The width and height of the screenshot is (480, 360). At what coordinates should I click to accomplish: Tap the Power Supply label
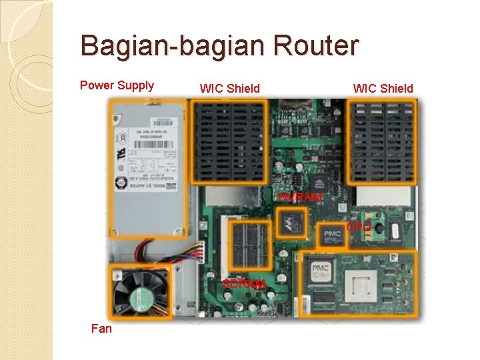[117, 85]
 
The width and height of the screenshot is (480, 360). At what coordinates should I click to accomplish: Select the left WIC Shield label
[229, 88]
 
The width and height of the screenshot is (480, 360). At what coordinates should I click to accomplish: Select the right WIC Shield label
[383, 88]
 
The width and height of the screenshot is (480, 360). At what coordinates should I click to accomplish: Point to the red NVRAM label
[300, 197]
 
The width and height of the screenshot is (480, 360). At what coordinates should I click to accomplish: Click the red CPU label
[358, 227]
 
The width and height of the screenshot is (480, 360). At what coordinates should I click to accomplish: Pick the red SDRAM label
[244, 285]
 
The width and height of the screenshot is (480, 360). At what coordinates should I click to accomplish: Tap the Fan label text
[102, 329]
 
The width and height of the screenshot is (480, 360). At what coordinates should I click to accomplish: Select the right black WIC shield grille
[382, 141]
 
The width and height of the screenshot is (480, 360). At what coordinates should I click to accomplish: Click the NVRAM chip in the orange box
[291, 223]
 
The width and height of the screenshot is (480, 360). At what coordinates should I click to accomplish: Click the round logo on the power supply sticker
[122, 184]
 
